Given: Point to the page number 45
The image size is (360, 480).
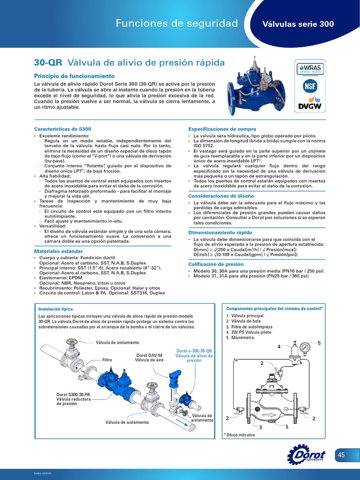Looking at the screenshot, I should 341,455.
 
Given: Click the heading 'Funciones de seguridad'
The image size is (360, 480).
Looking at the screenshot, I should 177,23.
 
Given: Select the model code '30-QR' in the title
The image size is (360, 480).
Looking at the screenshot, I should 49,62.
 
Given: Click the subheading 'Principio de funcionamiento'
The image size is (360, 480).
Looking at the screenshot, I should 75,76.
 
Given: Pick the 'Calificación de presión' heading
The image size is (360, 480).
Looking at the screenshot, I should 216,264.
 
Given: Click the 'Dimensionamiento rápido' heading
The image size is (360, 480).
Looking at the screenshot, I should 220,232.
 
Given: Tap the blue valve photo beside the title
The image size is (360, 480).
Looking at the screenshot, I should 255,87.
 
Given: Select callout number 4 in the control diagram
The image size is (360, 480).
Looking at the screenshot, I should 279,347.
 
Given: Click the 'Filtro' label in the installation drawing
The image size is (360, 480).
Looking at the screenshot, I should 108,360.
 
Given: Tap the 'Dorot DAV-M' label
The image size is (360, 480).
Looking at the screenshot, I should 149,355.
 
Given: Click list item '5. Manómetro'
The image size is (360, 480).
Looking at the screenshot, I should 240,337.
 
